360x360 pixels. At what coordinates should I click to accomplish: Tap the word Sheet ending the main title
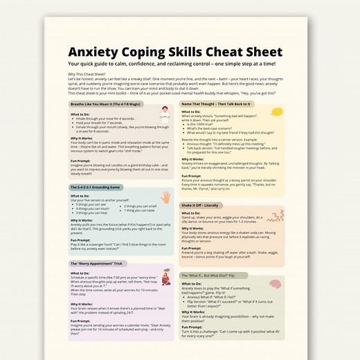pyautogui.click(x=260, y=53)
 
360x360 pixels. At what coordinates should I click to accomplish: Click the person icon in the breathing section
pyautogui.click(x=164, y=115)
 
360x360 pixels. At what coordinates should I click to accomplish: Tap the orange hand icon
pyautogui.click(x=165, y=196)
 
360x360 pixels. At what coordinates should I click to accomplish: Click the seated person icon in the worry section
pyautogui.click(x=164, y=278)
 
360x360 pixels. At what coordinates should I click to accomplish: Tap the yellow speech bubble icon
pyautogui.click(x=276, y=113)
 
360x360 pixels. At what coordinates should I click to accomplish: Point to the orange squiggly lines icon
pyautogui.click(x=276, y=212)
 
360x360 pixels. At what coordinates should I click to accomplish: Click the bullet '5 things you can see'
pyautogui.click(x=96, y=205)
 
